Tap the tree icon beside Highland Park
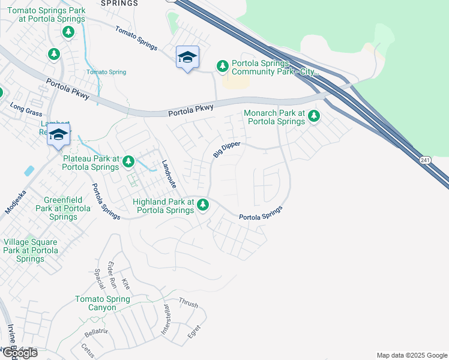(x=203, y=205)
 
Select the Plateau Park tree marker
(x=128, y=161)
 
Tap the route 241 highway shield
(x=425, y=160)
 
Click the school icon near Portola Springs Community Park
(x=187, y=58)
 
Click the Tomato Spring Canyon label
(x=103, y=303)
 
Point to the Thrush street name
(x=188, y=303)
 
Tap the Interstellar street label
(x=165, y=319)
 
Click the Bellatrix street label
(x=96, y=333)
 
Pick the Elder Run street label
(x=111, y=274)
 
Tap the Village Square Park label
(x=31, y=250)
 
